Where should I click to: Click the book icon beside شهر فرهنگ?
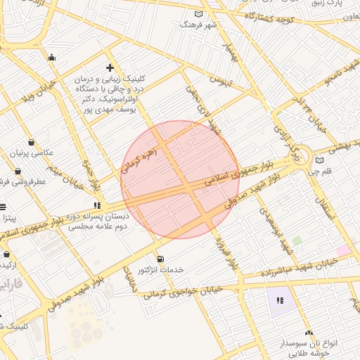pos(198,15)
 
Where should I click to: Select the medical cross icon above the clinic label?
pos(110,67)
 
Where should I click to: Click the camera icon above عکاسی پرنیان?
pos(32,142)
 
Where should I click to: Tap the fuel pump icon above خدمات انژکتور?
pos(160,259)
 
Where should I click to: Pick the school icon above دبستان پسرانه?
pos(96,205)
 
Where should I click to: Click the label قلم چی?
pos(319,171)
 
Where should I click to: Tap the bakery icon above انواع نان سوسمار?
pos(308,333)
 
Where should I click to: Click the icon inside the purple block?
pos(281,301)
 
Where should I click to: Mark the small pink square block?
pos(342,250)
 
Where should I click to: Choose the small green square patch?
pos(297,240)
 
